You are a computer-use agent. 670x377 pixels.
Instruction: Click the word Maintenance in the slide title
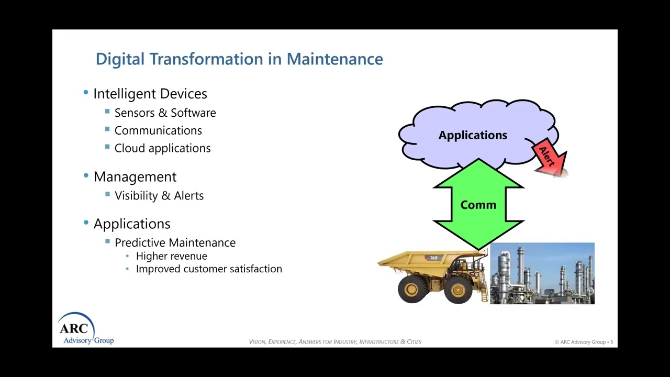pos(334,59)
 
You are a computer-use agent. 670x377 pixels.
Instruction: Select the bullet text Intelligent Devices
pos(150,94)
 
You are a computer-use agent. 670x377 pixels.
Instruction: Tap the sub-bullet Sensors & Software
pos(165,113)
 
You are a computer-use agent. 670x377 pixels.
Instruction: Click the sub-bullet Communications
pos(158,130)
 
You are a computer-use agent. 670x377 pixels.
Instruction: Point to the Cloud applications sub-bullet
pos(162,148)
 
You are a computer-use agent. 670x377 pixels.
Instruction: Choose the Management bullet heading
pos(135,176)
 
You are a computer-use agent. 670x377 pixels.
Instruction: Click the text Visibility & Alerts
pos(159,195)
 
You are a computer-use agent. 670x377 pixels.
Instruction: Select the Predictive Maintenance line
pos(175,242)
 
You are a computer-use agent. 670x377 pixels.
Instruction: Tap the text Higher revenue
pos(171,256)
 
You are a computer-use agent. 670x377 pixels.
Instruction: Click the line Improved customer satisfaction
pos(209,269)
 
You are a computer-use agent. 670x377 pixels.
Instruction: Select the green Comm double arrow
pos(478,205)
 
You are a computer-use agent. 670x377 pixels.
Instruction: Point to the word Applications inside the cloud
pos(473,135)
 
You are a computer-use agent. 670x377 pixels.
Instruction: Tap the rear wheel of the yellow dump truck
pos(412,289)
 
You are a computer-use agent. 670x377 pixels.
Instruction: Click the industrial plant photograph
pos(542,273)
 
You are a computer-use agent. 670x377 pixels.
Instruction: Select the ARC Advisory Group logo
pos(84,329)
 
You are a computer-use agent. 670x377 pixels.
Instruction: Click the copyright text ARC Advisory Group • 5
pos(584,342)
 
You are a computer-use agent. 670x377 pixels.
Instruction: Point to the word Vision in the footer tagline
pos(257,342)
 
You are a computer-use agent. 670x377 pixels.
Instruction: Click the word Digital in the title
pos(120,59)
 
